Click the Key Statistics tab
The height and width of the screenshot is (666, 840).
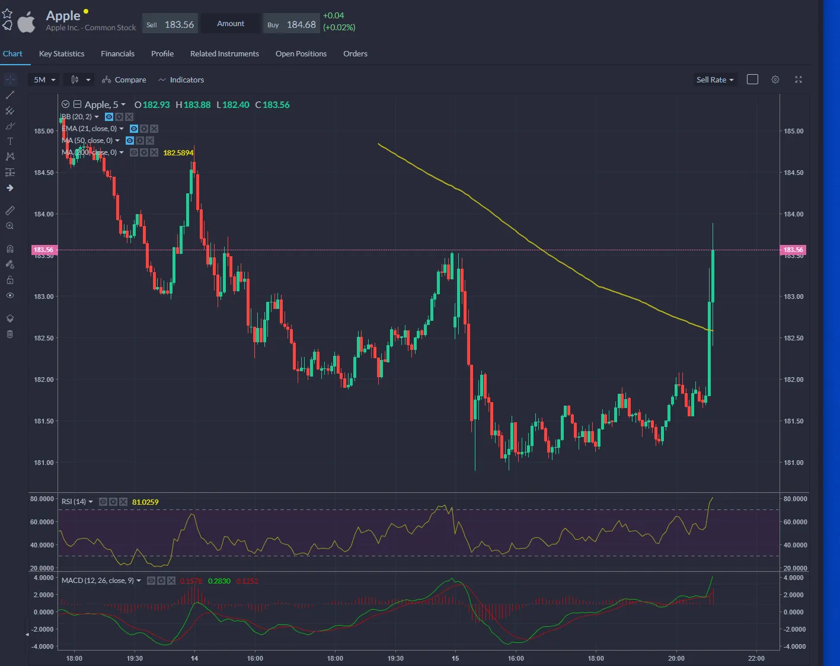click(x=62, y=53)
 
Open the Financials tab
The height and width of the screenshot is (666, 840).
click(x=117, y=53)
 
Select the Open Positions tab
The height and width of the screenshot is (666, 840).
click(x=301, y=53)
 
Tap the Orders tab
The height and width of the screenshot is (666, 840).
click(x=355, y=53)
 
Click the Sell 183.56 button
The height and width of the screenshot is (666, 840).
click(x=171, y=24)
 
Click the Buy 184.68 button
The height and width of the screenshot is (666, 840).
click(x=292, y=24)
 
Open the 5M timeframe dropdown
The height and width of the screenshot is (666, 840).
click(x=44, y=79)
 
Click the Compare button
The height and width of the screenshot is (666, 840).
click(x=124, y=79)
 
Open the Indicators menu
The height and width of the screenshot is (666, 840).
click(x=181, y=79)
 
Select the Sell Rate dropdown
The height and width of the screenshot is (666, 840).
click(x=715, y=79)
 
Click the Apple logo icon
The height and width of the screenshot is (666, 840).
click(x=26, y=23)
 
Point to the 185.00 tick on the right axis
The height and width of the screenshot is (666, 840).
click(x=794, y=131)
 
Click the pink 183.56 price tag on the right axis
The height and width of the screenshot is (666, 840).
click(x=793, y=250)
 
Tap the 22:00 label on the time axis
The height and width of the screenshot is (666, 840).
click(x=756, y=658)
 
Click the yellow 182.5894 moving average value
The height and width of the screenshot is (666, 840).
click(x=178, y=153)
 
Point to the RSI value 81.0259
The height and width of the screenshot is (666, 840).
click(x=145, y=502)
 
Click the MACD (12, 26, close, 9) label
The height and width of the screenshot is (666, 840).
click(x=98, y=581)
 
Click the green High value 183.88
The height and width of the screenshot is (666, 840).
click(x=197, y=105)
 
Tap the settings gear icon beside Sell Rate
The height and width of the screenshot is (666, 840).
click(x=775, y=79)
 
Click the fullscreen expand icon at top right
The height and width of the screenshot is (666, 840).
click(x=799, y=79)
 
